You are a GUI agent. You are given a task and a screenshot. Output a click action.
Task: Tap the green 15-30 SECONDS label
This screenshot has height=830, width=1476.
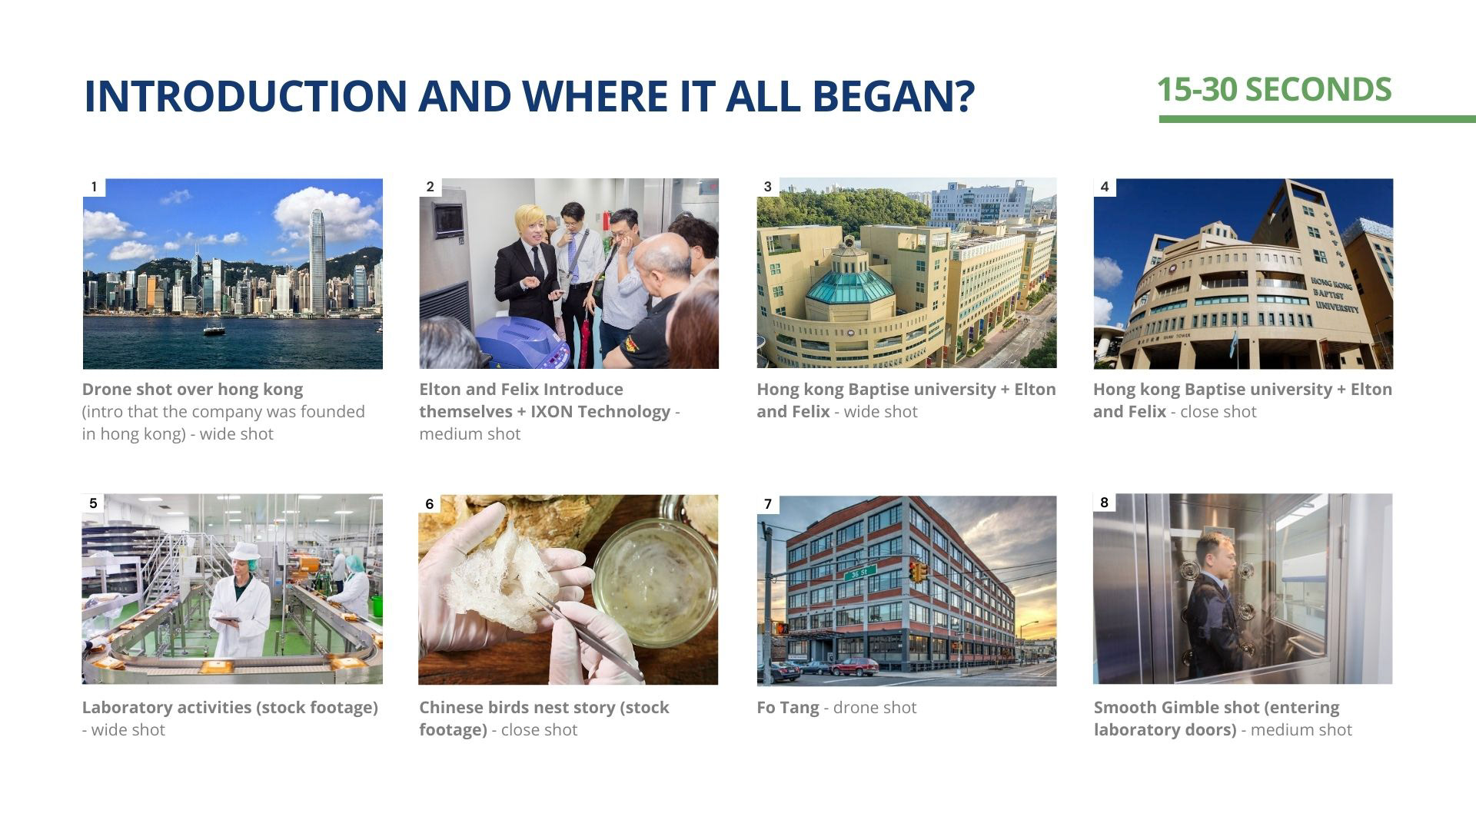(1274, 90)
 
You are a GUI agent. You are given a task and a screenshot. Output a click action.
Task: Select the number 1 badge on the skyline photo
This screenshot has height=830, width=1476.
(94, 187)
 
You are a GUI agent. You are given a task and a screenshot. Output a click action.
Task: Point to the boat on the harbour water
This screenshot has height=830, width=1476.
(214, 329)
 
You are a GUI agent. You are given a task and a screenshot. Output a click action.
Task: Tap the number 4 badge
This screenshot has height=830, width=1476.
(1105, 187)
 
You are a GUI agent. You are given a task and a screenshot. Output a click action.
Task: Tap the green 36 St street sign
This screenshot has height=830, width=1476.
(860, 573)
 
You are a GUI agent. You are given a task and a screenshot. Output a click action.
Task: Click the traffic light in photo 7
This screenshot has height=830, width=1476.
(916, 571)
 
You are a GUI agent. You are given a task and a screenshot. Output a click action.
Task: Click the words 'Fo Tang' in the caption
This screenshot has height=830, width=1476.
(788, 708)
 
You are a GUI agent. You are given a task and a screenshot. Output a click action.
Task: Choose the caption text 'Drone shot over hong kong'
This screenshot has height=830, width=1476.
(192, 389)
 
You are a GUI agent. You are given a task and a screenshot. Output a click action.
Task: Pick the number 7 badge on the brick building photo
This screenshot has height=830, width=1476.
(768, 504)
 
